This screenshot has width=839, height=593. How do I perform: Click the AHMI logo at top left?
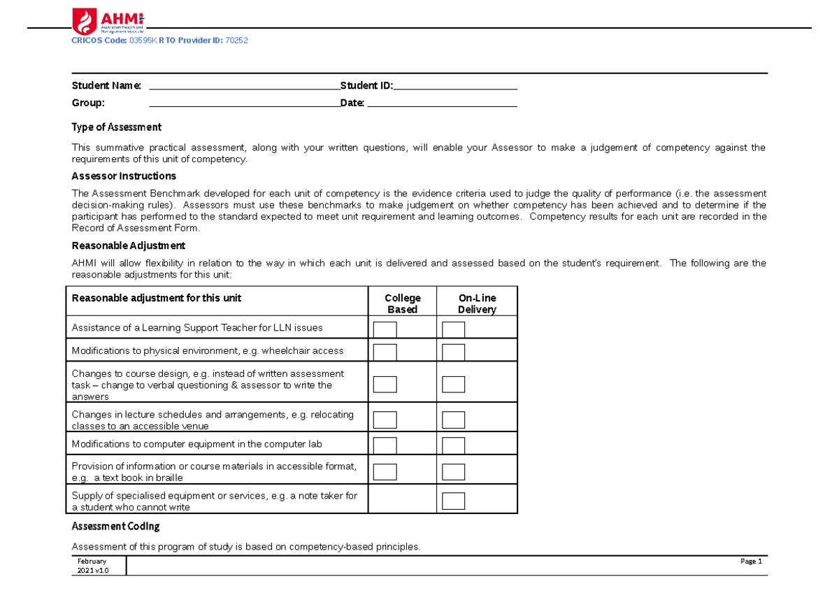tap(108, 21)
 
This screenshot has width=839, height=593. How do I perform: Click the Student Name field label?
tap(106, 86)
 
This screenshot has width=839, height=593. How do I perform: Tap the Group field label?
tap(88, 103)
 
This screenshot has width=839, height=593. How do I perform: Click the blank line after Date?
tap(442, 103)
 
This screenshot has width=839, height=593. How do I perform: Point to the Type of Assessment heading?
tap(117, 127)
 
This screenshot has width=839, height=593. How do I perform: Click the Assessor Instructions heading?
tap(124, 176)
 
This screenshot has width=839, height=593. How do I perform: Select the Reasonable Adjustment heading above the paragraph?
tap(129, 245)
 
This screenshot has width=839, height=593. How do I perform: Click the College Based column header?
tap(403, 303)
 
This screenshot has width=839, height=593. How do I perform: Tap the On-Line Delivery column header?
tap(477, 303)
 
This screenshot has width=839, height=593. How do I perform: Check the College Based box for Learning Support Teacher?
tap(385, 329)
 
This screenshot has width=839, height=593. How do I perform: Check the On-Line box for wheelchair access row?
tap(454, 352)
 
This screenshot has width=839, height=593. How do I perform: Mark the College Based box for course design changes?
tap(385, 384)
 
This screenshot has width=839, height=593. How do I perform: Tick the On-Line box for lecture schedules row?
tap(454, 420)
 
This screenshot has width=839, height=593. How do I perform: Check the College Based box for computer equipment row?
tap(385, 445)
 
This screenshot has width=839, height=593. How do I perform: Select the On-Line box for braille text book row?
tap(454, 471)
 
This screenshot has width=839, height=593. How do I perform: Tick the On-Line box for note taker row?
tap(454, 501)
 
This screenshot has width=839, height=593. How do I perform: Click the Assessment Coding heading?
tap(116, 526)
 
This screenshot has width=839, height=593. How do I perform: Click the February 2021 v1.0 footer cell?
tap(92, 566)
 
